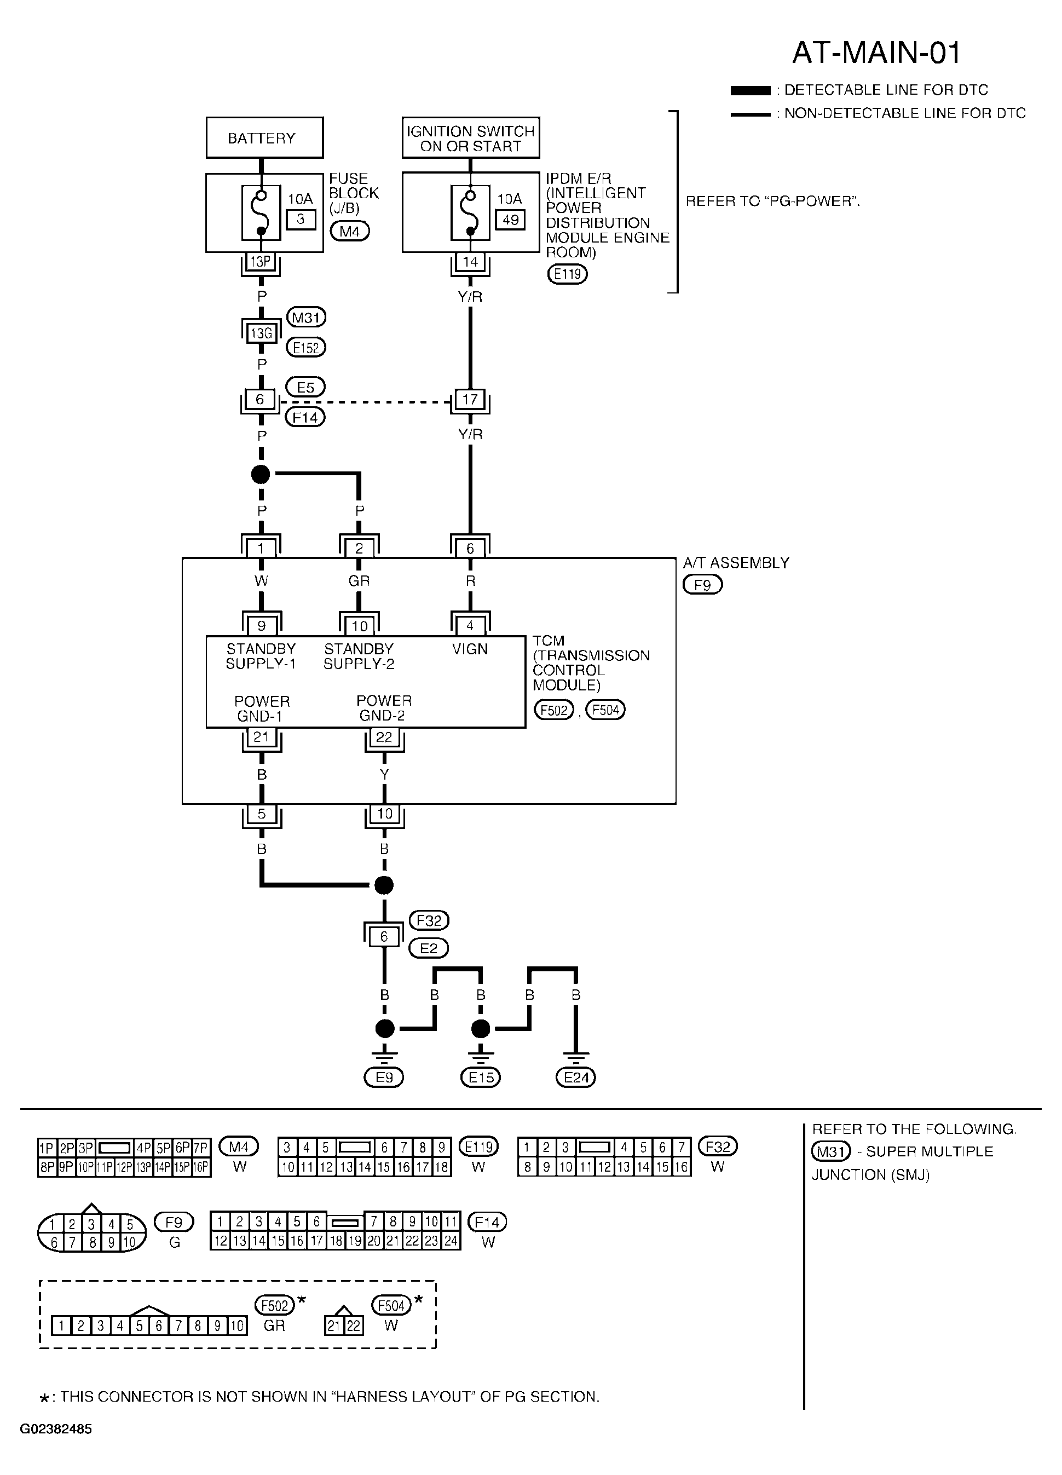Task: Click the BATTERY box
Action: [265, 137]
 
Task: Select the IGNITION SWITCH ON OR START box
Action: [471, 137]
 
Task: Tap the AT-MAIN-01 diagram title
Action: [876, 53]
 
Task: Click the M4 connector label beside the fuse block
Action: [350, 231]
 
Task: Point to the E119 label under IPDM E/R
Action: [567, 274]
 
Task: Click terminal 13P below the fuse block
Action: [261, 262]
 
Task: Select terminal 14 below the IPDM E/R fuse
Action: [470, 262]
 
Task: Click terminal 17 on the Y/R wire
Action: [470, 399]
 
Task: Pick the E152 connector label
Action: [305, 348]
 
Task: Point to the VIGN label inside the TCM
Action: [470, 648]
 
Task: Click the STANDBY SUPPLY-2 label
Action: [359, 656]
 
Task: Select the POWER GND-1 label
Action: [262, 709]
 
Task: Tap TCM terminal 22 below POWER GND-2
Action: [384, 737]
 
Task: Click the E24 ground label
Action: [576, 1078]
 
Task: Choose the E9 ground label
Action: [384, 1078]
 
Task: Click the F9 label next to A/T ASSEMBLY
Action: [702, 585]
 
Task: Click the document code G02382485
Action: [56, 1447]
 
